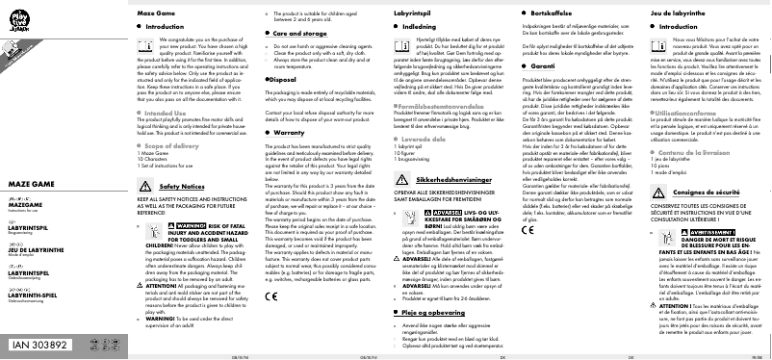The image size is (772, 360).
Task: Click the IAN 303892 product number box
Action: tap(40, 344)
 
